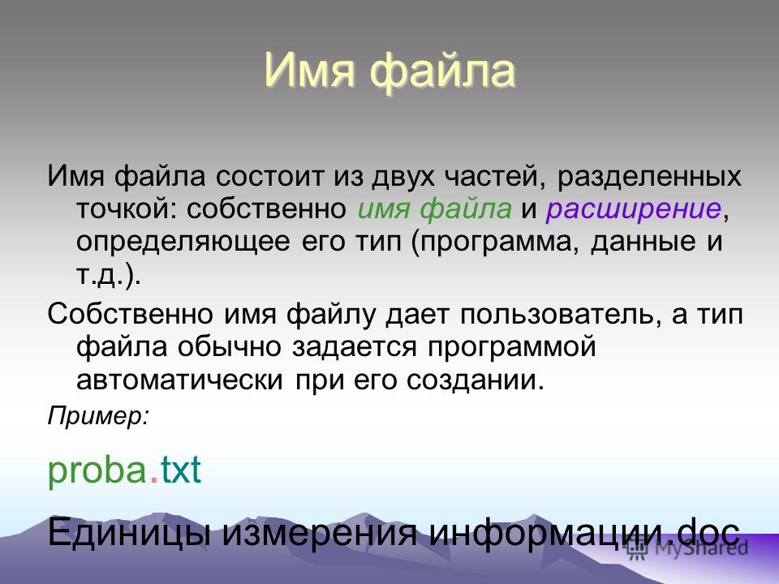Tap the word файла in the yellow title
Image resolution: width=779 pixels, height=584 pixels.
(x=443, y=71)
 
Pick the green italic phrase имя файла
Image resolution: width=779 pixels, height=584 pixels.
(x=434, y=208)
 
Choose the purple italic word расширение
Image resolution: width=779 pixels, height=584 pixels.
(x=634, y=209)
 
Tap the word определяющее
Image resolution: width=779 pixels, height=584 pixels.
(x=183, y=243)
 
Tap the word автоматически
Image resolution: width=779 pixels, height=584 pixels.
(x=180, y=380)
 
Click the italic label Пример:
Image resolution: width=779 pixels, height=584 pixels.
(x=98, y=416)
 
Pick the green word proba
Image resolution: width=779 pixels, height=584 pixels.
(x=97, y=470)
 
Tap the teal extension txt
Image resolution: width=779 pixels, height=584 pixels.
(x=180, y=470)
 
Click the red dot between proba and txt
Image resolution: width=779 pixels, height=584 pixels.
(x=154, y=479)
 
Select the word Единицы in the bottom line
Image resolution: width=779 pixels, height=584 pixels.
(x=129, y=532)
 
